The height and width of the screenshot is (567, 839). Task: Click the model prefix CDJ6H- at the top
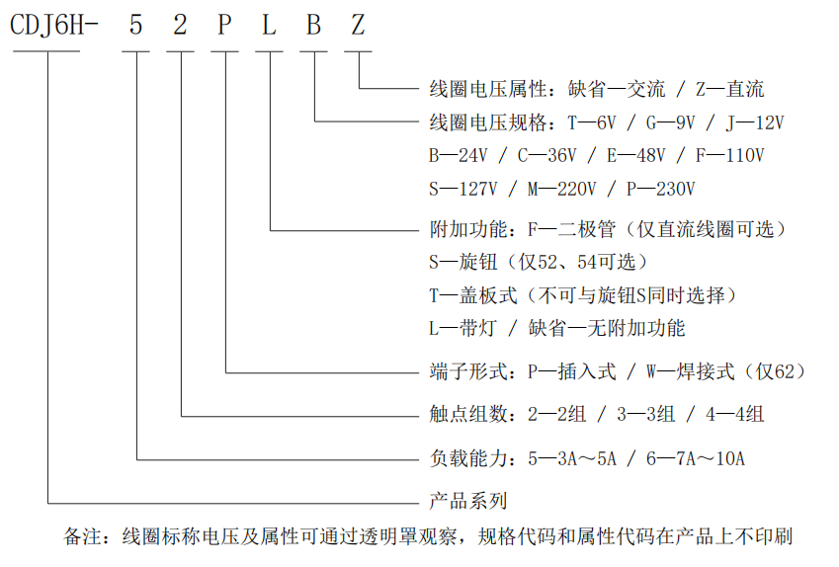(54, 26)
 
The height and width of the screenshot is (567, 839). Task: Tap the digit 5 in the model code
(136, 25)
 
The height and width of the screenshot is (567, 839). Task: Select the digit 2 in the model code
(180, 25)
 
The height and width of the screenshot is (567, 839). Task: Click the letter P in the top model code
(224, 25)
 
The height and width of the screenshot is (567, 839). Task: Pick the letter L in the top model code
(269, 25)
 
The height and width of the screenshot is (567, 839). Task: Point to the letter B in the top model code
(313, 25)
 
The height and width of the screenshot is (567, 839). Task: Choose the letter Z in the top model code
(358, 25)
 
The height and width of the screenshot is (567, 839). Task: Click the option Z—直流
(729, 89)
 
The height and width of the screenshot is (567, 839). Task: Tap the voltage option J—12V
(754, 122)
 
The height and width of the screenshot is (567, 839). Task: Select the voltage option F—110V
(730, 156)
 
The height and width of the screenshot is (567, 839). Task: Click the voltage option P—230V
(661, 189)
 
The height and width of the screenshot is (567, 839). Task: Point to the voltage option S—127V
(463, 189)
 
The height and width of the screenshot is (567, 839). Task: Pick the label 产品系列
(468, 501)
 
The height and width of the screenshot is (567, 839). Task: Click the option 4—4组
(734, 414)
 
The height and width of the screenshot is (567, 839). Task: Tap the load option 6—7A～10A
(696, 458)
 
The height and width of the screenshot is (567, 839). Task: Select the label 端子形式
(468, 371)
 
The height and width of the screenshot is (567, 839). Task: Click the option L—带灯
(463, 328)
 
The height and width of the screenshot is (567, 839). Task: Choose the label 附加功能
(468, 229)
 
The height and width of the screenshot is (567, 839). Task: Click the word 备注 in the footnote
(83, 536)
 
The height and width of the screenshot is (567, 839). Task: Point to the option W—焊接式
(691, 371)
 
